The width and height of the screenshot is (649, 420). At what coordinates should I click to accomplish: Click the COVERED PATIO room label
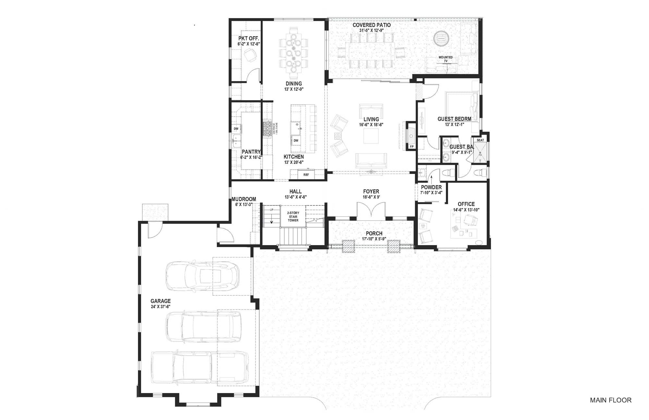371,25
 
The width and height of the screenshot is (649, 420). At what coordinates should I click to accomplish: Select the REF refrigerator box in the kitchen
306,175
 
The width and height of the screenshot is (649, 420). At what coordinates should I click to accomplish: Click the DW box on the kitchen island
296,141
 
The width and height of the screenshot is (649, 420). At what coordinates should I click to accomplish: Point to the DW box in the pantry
236,129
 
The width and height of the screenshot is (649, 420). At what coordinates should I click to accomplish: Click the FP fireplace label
411,147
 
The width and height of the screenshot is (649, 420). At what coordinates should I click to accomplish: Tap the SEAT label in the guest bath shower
480,140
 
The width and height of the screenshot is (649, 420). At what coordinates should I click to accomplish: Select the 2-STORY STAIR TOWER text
293,216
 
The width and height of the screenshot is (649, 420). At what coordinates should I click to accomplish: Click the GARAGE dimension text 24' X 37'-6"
160,306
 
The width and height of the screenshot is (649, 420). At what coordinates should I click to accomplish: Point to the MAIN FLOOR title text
610,400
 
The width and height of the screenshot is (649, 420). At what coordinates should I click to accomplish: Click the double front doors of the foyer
371,211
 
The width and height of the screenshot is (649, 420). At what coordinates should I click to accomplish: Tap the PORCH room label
374,233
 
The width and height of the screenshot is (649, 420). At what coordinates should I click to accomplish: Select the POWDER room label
431,187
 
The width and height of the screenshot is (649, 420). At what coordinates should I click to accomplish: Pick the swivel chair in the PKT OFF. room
250,55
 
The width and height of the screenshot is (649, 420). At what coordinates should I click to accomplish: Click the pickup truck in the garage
200,367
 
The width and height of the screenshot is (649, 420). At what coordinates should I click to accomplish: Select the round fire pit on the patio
442,38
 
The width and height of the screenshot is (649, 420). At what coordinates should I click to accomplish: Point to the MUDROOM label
244,199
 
